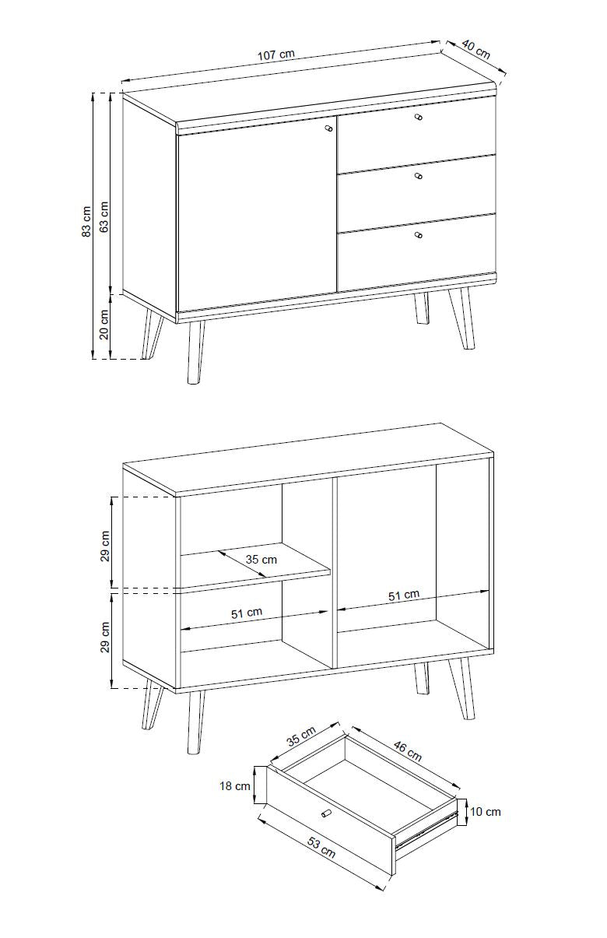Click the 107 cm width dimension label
tap(275, 54)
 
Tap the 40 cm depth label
tap(476, 49)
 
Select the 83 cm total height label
tap(86, 222)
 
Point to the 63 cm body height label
tap(104, 217)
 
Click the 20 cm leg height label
tap(104, 324)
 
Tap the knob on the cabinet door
tap(329, 128)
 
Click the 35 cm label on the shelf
tap(261, 560)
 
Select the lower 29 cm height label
tap(104, 637)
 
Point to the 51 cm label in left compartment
tap(247, 613)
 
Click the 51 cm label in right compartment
tap(404, 595)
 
